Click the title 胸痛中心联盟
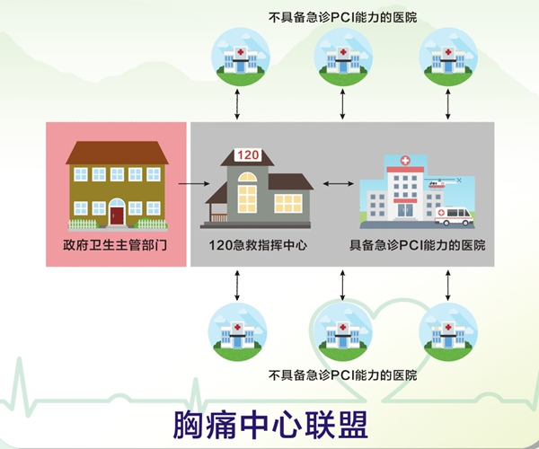click(x=269, y=422)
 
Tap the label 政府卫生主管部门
click(x=116, y=244)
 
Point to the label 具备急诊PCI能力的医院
click(x=417, y=244)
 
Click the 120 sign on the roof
click(x=248, y=155)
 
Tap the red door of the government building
click(x=117, y=215)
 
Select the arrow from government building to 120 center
click(x=189, y=185)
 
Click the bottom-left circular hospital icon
click(x=237, y=331)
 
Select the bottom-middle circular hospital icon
click(x=343, y=331)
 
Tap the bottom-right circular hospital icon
click(x=448, y=331)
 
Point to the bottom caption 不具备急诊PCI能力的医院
click(x=343, y=374)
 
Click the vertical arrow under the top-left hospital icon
click(x=237, y=104)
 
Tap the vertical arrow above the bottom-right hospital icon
click(x=448, y=285)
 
